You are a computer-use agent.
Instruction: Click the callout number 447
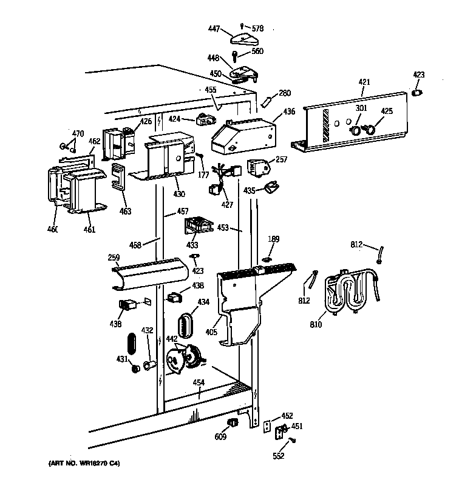(x=214, y=29)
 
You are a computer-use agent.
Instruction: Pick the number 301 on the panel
(x=361, y=109)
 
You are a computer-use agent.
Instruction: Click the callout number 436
(x=289, y=111)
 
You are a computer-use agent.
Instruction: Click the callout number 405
(x=211, y=332)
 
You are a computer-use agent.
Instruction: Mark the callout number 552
(x=278, y=456)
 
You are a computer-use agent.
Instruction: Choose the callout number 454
(x=198, y=382)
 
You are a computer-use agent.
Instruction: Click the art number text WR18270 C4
(x=83, y=464)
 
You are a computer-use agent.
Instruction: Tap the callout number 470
(x=78, y=133)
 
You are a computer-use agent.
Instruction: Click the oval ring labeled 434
(x=185, y=325)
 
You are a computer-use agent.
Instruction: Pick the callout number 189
(x=274, y=239)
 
